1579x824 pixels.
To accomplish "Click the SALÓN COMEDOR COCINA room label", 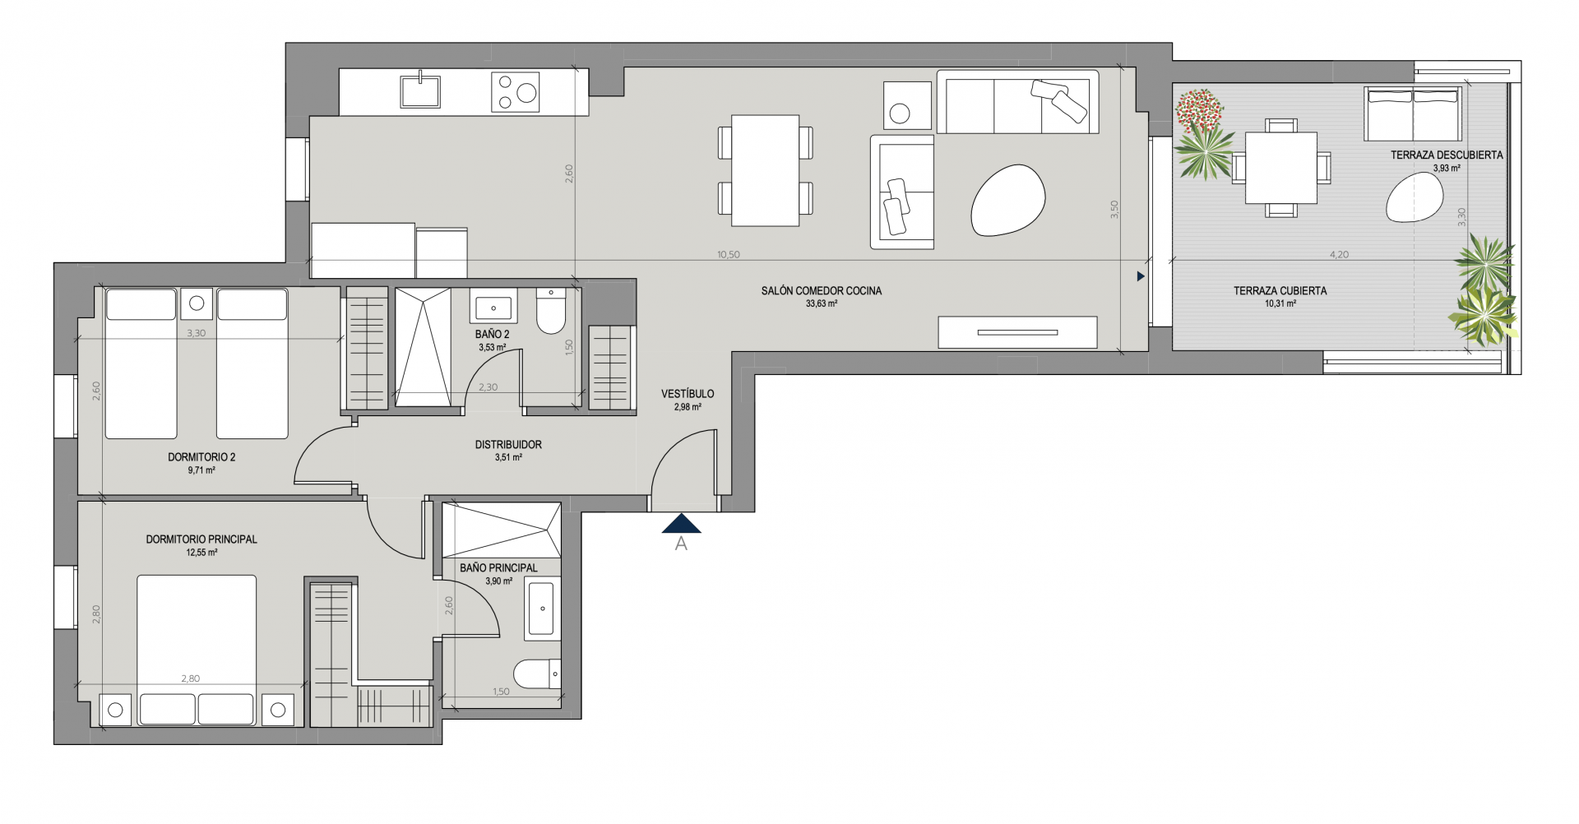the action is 821,290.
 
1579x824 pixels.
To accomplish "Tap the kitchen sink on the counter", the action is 420,90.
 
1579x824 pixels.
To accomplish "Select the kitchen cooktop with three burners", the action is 516,92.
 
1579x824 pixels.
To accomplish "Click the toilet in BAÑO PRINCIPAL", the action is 537,674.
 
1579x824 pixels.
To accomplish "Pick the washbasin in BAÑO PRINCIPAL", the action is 541,609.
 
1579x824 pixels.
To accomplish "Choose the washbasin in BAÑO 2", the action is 493,309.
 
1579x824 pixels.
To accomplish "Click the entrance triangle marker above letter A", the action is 681,523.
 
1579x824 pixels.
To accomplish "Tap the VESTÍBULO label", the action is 688,394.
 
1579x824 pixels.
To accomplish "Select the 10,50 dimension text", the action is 728,255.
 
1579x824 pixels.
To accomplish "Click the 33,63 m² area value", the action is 822,303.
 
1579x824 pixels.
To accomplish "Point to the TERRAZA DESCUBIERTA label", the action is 1447,155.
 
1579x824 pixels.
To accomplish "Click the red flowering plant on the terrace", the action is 1200,112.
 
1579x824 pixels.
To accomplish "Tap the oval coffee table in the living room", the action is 1008,201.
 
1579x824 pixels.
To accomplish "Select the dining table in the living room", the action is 765,170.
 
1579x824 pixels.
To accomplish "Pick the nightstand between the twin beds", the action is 197,303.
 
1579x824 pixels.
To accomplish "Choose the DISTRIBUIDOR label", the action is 508,445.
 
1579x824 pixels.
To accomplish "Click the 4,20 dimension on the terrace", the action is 1339,255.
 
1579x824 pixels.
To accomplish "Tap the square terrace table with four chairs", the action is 1280,168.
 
